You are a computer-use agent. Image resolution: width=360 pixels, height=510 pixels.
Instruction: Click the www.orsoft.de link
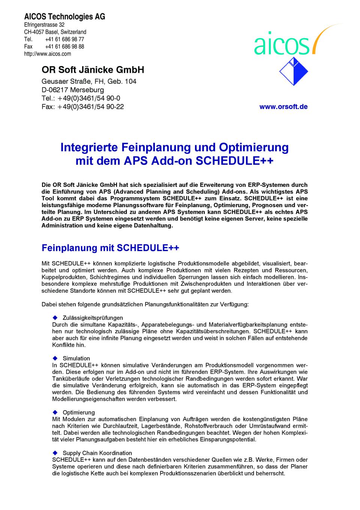point(283,107)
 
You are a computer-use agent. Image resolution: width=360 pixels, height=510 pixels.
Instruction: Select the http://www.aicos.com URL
point(47,54)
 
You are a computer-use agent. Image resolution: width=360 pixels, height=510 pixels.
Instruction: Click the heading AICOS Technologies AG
point(64,17)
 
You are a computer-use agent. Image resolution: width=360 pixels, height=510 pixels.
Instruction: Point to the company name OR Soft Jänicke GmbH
point(93,70)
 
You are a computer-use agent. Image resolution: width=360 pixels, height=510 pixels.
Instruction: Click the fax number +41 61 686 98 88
point(64,47)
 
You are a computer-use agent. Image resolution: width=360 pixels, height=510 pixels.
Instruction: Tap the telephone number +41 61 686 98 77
point(64,39)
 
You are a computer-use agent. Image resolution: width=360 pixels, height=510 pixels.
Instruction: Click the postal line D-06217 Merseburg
point(73,90)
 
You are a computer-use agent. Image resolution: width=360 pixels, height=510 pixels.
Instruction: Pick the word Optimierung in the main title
point(254,147)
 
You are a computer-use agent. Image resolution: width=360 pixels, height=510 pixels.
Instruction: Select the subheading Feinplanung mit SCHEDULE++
point(110,248)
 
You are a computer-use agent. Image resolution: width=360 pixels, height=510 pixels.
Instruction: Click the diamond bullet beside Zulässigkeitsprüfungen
point(54,318)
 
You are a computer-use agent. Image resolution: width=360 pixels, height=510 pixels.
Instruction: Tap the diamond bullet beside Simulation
point(54,358)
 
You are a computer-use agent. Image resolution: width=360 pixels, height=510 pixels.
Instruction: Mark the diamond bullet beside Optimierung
point(54,412)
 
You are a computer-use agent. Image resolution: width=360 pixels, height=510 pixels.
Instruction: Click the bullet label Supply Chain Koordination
point(97,453)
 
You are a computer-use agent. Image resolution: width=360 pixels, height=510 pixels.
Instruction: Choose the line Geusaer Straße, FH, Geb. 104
point(89,81)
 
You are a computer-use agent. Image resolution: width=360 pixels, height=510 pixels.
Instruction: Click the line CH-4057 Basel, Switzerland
point(55,32)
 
